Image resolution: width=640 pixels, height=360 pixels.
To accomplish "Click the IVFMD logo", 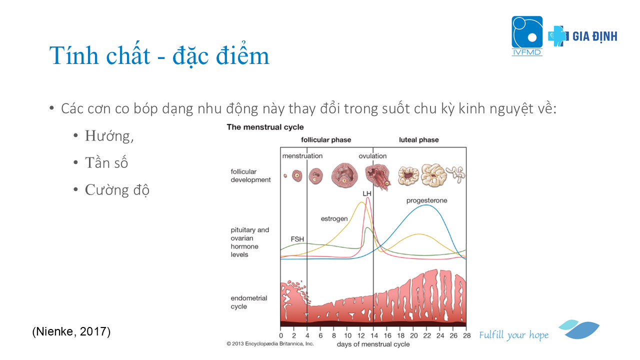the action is point(527,35).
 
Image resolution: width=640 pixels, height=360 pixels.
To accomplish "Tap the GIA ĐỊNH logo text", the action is point(595,36).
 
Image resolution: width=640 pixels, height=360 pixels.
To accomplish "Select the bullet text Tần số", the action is point(106,162).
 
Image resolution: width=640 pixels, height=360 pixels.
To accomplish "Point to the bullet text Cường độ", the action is point(117,189).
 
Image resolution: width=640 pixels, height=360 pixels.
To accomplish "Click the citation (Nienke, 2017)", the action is point(71,331).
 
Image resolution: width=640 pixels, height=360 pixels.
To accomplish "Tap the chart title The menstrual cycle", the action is point(265,127).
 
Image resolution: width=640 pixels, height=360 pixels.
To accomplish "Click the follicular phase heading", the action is point(326,139).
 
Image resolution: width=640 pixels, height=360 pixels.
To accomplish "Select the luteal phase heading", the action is point(419,139).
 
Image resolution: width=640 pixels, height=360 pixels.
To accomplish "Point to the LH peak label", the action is point(367,193).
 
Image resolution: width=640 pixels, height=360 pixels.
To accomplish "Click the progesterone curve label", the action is point(427,200).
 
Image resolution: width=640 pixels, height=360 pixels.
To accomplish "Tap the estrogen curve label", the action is point(334,219).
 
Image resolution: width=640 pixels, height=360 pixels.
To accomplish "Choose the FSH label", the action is point(297,239).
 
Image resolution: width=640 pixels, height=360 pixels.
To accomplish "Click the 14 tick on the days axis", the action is point(374,335).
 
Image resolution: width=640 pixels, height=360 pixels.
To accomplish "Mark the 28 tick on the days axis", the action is point(467,335).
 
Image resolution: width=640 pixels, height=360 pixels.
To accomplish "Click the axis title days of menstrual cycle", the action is point(373,344).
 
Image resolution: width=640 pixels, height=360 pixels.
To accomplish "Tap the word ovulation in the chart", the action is point(372,156).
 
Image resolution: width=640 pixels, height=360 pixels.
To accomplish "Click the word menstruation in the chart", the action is point(302,156).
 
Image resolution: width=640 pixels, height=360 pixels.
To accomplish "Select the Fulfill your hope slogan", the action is point(513,335).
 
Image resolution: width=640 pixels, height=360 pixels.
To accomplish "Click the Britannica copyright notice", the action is point(270,343).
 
